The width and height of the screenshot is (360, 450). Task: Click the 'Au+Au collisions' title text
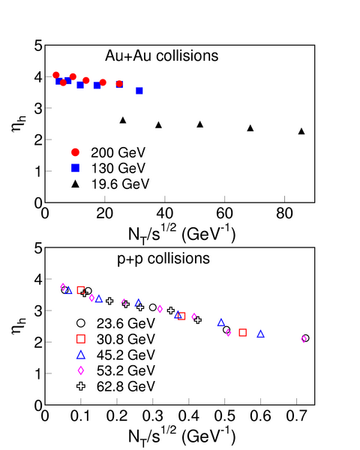click(162, 55)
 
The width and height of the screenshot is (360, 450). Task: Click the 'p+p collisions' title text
click(163, 259)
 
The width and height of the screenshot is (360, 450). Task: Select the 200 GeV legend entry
click(109, 152)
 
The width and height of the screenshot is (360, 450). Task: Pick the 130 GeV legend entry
click(109, 168)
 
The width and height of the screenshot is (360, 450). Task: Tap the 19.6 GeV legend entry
click(110, 184)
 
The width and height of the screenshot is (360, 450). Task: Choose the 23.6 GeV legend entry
click(115, 323)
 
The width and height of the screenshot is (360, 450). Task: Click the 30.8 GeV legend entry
click(115, 339)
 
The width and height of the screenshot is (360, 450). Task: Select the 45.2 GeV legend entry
click(115, 355)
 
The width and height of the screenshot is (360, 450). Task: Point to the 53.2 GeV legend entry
click(115, 370)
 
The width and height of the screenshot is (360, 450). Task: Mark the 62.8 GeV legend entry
click(115, 386)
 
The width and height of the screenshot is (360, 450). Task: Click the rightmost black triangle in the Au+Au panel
click(301, 131)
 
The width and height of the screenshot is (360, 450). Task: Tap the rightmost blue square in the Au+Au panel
click(139, 91)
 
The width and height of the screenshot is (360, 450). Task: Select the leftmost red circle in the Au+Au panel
click(56, 75)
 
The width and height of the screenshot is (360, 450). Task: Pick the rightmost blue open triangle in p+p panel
click(261, 334)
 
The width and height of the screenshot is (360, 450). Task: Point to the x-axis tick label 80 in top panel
click(284, 214)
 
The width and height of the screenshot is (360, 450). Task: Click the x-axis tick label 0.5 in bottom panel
click(224, 416)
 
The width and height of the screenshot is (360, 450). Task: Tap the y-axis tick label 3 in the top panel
click(38, 109)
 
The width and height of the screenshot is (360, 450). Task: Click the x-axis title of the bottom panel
click(181, 436)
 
